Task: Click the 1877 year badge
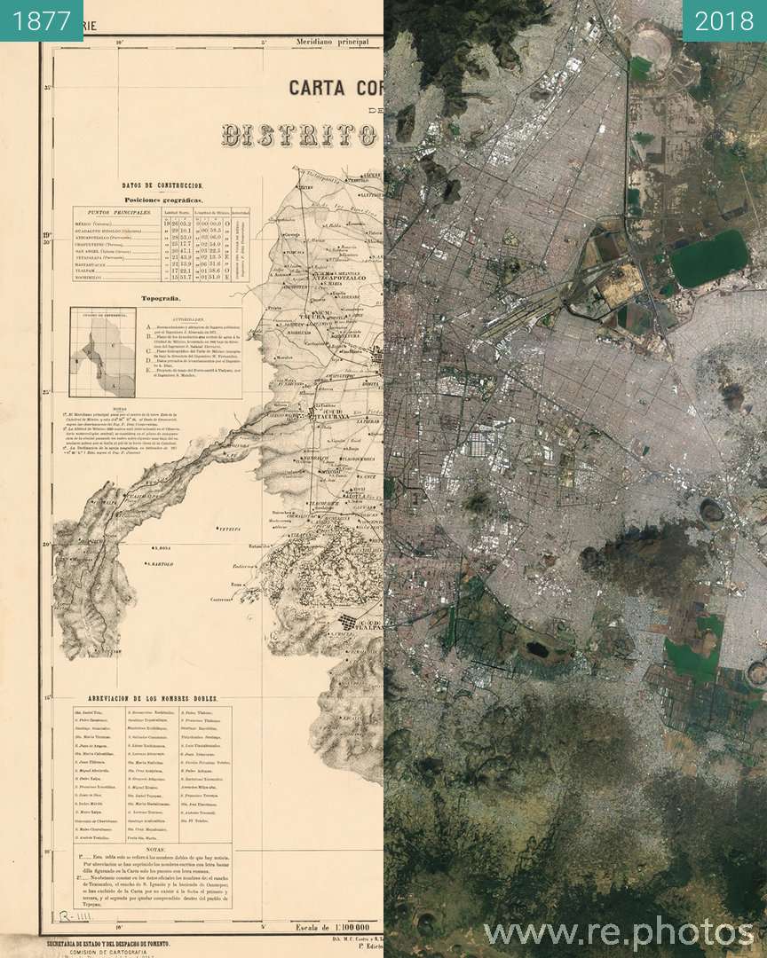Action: (x=42, y=20)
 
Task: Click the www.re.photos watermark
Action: (x=618, y=932)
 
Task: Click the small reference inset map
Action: (x=103, y=353)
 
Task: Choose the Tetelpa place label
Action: (x=231, y=528)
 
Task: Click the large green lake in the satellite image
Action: (x=709, y=256)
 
